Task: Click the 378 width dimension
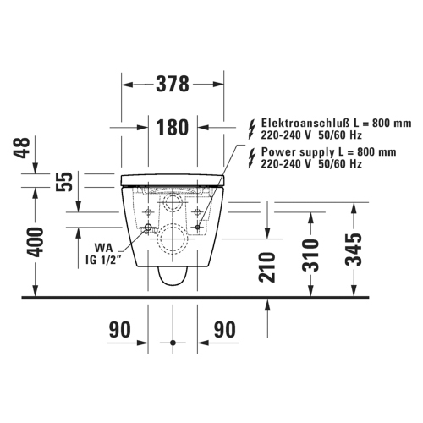tap(173, 84)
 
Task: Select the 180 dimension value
tap(173, 127)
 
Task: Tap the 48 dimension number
tap(22, 148)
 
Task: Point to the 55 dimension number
tap(64, 182)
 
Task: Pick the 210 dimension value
tap(266, 267)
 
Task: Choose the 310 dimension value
tap(310, 255)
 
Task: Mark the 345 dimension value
tap(354, 250)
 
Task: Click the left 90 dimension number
tap(120, 329)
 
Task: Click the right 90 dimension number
tap(224, 329)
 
